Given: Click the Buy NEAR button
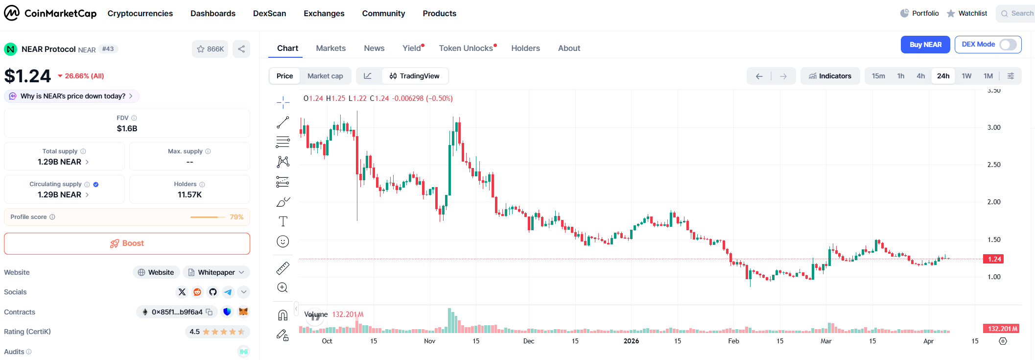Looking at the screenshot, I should (925, 45).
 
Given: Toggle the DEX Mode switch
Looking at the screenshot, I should (1008, 45).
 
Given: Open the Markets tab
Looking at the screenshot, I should (330, 48).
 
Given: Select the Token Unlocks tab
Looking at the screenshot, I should (466, 48).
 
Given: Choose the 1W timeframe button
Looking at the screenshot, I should (966, 76).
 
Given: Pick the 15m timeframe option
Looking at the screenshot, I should (878, 76).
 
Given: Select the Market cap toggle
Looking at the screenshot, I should (325, 76).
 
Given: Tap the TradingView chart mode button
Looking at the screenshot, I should (414, 76).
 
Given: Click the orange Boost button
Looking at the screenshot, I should (127, 243).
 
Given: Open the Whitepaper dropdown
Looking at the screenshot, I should (216, 272).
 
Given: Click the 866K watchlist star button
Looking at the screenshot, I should (210, 49).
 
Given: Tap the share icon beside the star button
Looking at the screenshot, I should (241, 49).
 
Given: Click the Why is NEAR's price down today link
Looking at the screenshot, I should (72, 96).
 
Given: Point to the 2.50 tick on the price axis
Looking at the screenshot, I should (993, 165).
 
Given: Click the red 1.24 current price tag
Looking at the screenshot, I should (994, 259).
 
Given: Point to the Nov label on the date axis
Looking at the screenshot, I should (429, 341).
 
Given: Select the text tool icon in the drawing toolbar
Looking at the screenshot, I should (283, 221).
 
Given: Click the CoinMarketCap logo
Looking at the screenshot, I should (50, 13).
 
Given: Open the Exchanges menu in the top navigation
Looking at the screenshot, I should (324, 13).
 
